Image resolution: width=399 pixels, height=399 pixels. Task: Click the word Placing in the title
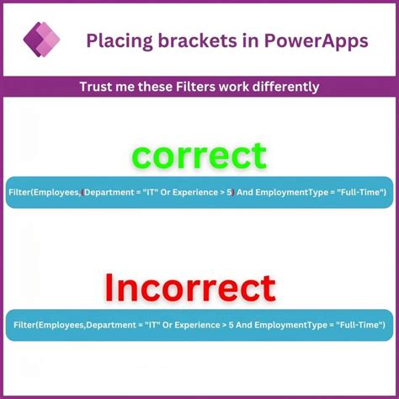pos(114,41)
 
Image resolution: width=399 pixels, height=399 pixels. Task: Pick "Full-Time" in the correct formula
pos(357,193)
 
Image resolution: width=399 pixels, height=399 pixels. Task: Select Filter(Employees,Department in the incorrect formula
pos(67,324)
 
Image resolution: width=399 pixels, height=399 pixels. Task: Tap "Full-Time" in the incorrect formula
pos(357,324)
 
